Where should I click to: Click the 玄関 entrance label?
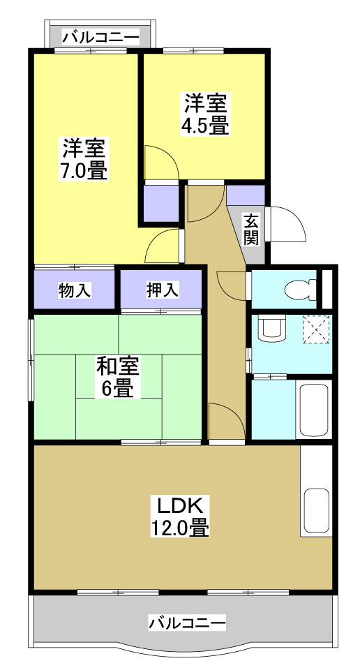point(251,230)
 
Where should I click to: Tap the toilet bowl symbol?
point(299,289)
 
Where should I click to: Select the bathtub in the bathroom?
point(313,409)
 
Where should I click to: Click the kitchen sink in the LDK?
point(316,512)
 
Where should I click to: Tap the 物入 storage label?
point(75,290)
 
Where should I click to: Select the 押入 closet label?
point(162,290)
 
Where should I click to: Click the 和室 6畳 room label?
point(118,377)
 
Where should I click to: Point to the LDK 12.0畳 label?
point(179,516)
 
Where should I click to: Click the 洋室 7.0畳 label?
point(85,159)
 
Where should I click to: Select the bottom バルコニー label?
point(187,621)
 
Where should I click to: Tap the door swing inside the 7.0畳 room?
point(162,246)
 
